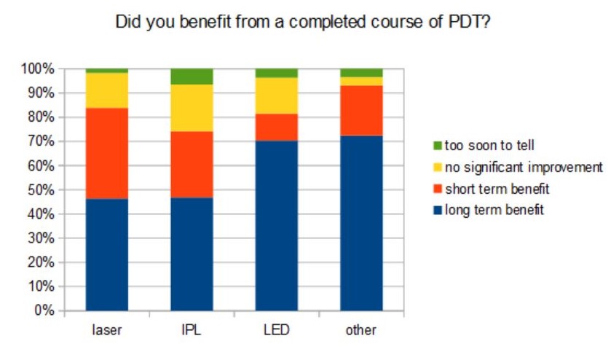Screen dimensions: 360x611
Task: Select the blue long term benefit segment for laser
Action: click(107, 254)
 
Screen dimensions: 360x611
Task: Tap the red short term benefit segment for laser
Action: click(107, 153)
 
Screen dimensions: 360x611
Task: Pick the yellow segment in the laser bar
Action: click(107, 90)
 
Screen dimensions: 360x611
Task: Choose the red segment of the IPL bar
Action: click(192, 164)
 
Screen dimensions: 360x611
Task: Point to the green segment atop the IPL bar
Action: click(192, 76)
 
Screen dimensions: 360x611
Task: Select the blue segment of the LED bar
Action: click(276, 225)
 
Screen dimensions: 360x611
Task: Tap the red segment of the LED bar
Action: click(276, 127)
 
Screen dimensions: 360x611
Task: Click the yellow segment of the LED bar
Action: click(276, 95)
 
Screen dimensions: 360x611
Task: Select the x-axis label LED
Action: click(276, 330)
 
